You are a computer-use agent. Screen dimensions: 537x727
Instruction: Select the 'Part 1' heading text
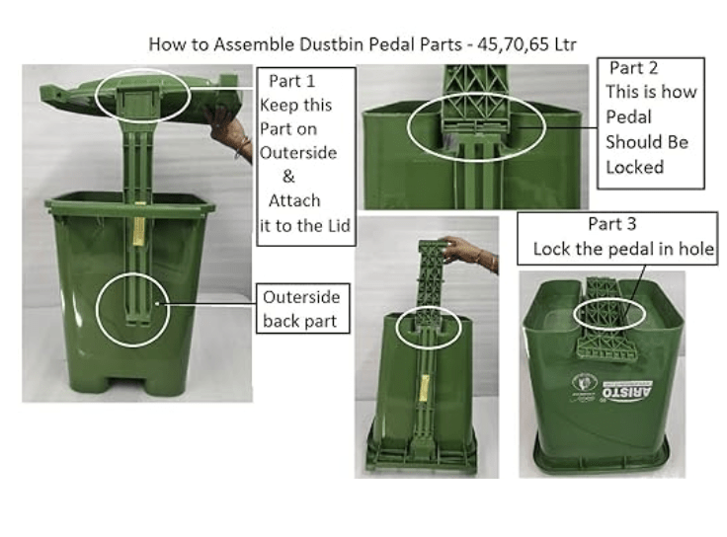(x=291, y=81)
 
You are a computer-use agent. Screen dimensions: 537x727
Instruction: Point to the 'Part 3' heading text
(x=612, y=224)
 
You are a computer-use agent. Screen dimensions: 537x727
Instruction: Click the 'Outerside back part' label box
(x=301, y=308)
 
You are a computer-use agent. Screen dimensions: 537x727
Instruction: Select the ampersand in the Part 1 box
(x=288, y=178)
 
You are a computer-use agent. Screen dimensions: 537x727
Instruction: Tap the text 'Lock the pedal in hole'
(x=623, y=249)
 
